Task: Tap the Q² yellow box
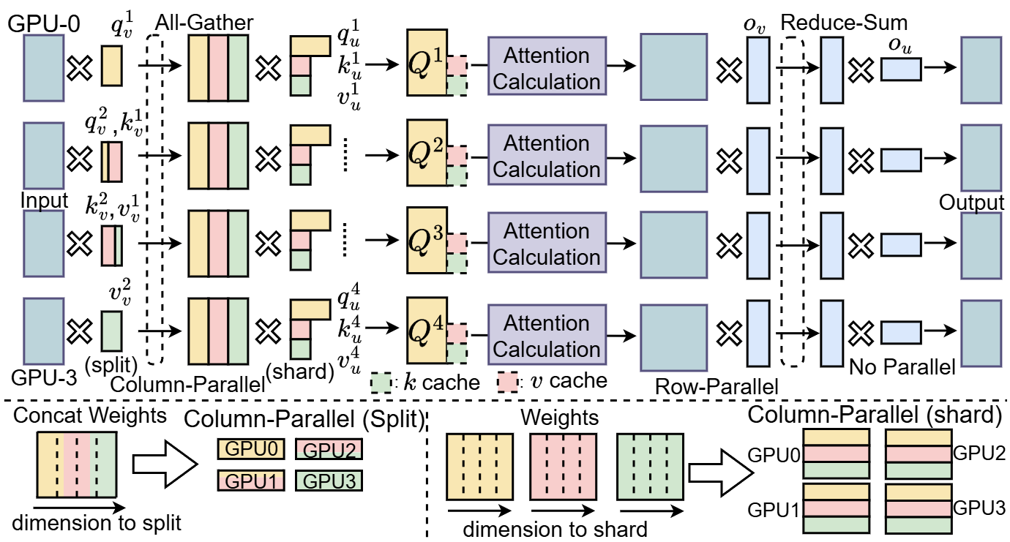coord(427,157)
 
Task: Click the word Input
coord(44,200)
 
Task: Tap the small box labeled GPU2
coord(328,448)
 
